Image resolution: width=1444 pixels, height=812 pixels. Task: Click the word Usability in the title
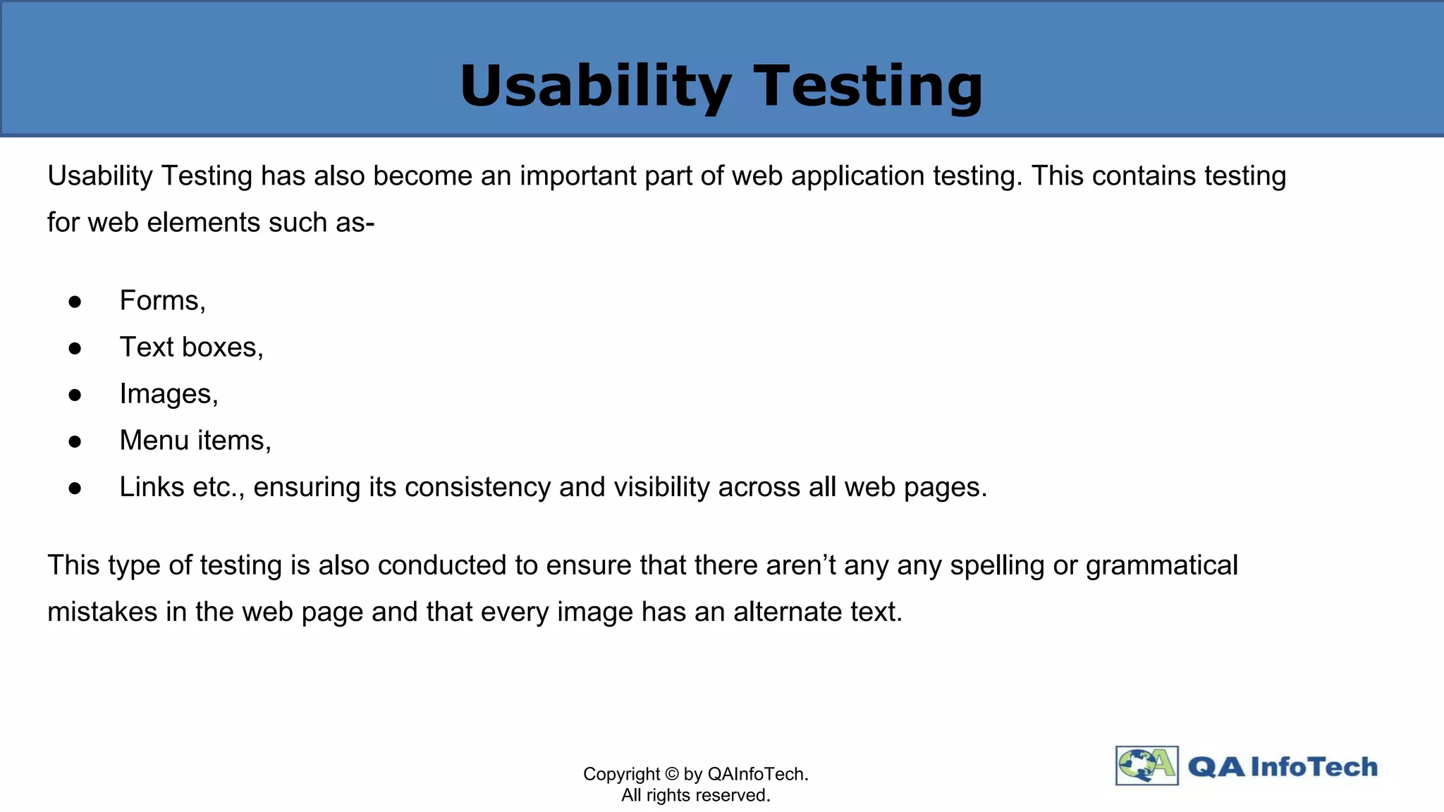pos(596,86)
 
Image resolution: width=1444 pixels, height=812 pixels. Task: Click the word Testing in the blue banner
pos(868,86)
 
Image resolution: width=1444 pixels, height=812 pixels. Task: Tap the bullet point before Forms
pos(75,302)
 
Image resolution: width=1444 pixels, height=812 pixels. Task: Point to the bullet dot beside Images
pos(75,395)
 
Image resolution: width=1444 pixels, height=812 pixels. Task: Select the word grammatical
pos(1161,566)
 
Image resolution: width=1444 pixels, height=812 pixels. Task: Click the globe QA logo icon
pos(1146,765)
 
